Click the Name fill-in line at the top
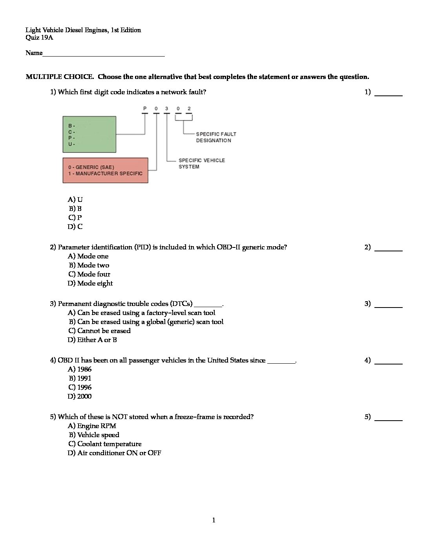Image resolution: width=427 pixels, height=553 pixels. (104, 55)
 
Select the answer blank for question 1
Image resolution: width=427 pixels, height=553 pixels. (389, 95)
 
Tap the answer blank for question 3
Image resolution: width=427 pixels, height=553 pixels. (389, 306)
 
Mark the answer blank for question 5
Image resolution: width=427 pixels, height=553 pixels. (389, 419)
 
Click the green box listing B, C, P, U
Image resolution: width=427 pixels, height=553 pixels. (89, 134)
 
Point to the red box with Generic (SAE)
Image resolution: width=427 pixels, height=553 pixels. (105, 170)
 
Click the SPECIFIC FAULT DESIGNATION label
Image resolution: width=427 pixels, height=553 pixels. (216, 137)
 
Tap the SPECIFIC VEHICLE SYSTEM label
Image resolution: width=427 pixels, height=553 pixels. (201, 163)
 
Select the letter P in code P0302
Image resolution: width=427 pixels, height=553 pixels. (144, 108)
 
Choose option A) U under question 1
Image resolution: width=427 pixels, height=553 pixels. (75, 200)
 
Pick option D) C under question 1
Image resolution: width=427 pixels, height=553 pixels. (75, 227)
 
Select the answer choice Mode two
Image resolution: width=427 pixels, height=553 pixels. (89, 265)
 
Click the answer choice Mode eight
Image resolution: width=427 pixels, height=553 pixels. (90, 283)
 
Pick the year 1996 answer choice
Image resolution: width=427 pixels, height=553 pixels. (80, 387)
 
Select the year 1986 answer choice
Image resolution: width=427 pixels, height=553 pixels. (80, 369)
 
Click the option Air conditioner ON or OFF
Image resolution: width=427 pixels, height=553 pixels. (114, 453)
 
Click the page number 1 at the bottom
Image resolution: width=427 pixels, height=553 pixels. (213, 520)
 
